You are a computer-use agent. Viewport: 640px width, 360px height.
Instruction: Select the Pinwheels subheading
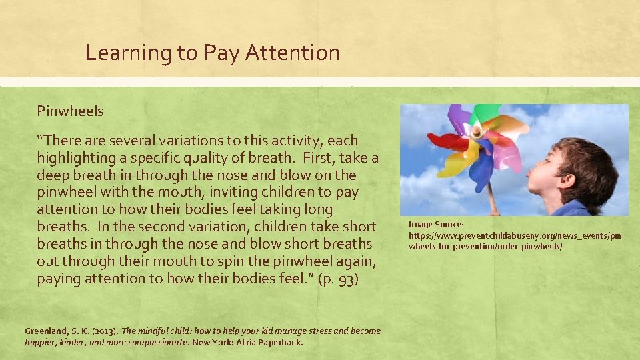point(70,111)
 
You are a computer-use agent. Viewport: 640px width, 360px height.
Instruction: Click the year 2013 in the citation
point(103,331)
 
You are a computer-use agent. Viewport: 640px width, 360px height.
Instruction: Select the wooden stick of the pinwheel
point(491,193)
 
